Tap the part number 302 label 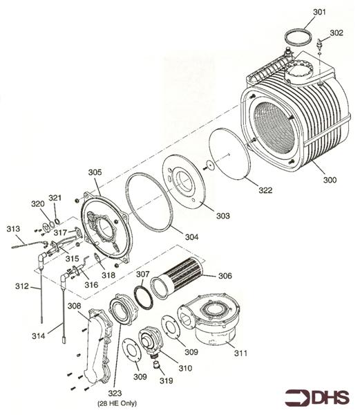[336, 33]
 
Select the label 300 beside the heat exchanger [330, 180]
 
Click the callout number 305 [95, 172]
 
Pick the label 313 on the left [13, 228]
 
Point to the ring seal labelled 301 [298, 37]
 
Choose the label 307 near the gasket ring [142, 275]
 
